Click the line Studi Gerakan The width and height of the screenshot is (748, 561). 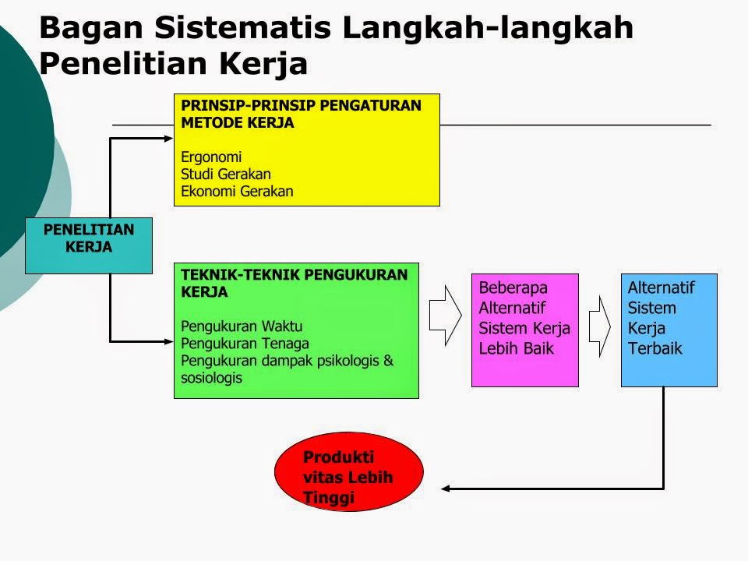point(225,173)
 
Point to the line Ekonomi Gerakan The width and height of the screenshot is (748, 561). point(237,192)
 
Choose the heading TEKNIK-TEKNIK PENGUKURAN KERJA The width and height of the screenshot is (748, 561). point(294,283)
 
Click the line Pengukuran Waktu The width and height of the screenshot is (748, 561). point(242,326)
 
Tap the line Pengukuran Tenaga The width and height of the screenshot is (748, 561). point(245,343)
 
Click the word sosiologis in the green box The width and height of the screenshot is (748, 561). point(211,378)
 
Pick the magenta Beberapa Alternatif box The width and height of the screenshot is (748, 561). point(524,329)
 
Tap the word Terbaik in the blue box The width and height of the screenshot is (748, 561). point(654,348)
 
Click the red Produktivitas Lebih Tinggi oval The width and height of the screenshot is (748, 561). point(348,472)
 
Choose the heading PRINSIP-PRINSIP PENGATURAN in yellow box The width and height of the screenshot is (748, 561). point(301,105)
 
